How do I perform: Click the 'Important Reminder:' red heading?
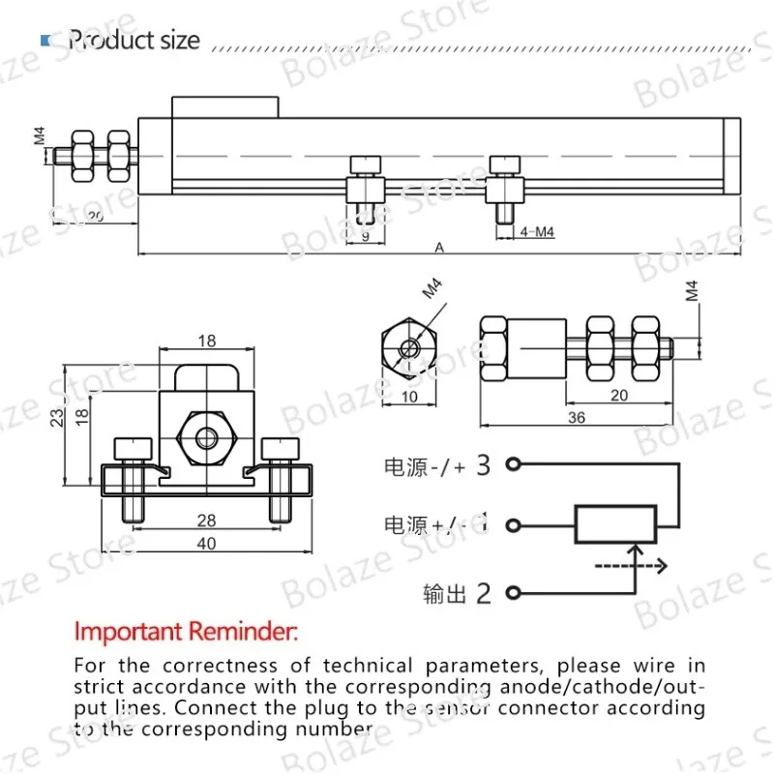click(x=187, y=634)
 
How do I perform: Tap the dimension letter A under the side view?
click(x=438, y=248)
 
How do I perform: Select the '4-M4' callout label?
click(x=538, y=231)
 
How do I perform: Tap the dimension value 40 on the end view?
click(x=206, y=543)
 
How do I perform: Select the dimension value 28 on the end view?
click(x=206, y=521)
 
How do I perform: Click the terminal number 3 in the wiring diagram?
click(x=484, y=465)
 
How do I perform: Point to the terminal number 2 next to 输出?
click(x=484, y=593)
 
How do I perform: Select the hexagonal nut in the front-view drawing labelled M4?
click(x=408, y=345)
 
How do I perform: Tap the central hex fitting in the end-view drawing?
click(x=206, y=438)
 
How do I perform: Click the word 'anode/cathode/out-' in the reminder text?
click(x=598, y=687)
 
